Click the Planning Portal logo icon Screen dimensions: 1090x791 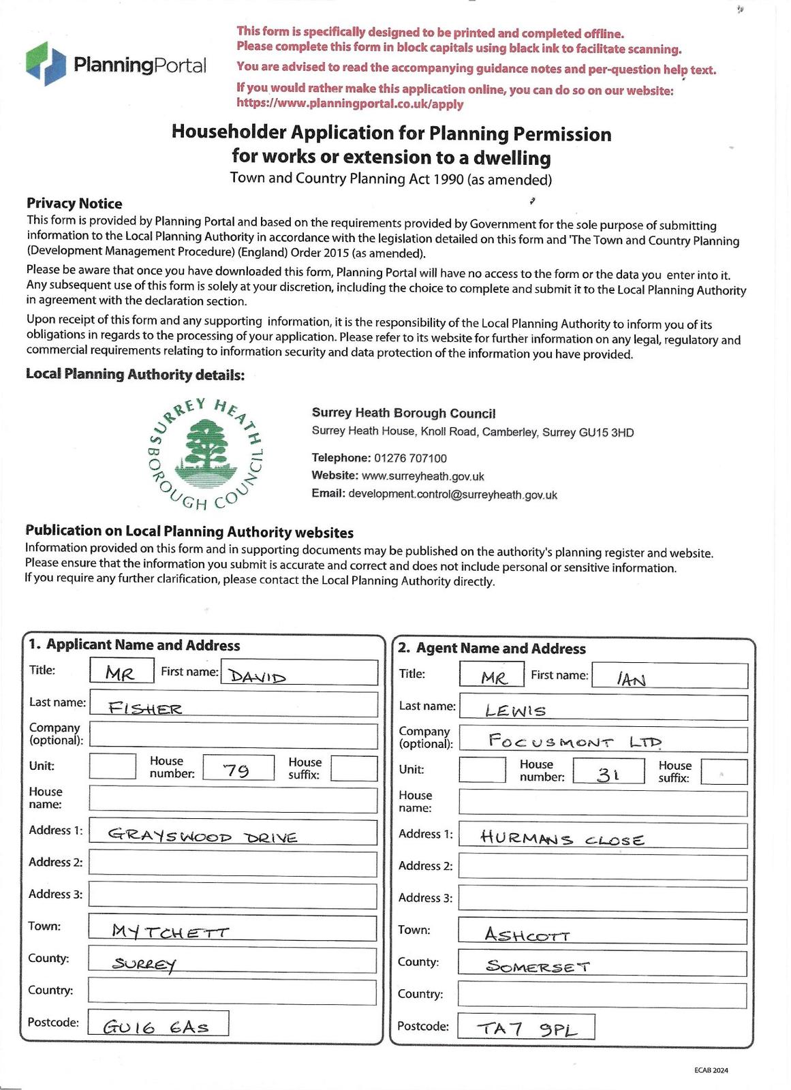tap(46, 63)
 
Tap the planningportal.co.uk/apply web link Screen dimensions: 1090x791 tap(350, 104)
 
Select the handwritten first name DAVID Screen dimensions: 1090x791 tap(258, 676)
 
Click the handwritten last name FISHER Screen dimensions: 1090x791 tap(145, 708)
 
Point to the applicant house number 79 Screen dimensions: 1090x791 tap(236, 770)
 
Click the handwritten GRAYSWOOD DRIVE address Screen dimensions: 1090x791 tap(202, 836)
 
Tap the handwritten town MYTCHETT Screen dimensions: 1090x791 tap(170, 931)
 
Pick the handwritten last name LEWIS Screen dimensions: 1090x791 tap(515, 711)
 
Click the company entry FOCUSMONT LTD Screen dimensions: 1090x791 tap(575, 742)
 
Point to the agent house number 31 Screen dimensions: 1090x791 tap(608, 774)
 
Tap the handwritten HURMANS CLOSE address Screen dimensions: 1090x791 tap(561, 838)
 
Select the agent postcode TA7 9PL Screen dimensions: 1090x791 tap(526, 1029)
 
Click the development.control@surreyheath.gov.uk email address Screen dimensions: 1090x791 tap(452, 495)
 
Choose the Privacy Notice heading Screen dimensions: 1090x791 tap(74, 204)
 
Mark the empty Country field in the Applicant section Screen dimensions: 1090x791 tap(232, 992)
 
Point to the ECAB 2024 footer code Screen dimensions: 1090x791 tap(711, 1070)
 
